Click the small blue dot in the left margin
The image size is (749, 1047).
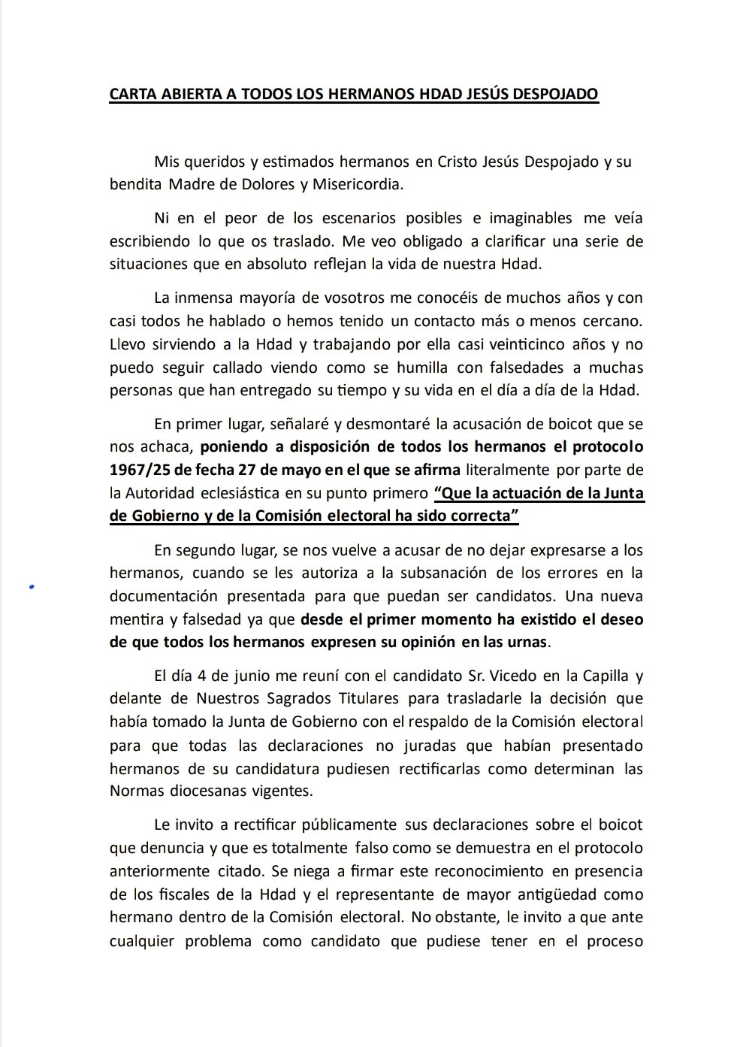[32, 588]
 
